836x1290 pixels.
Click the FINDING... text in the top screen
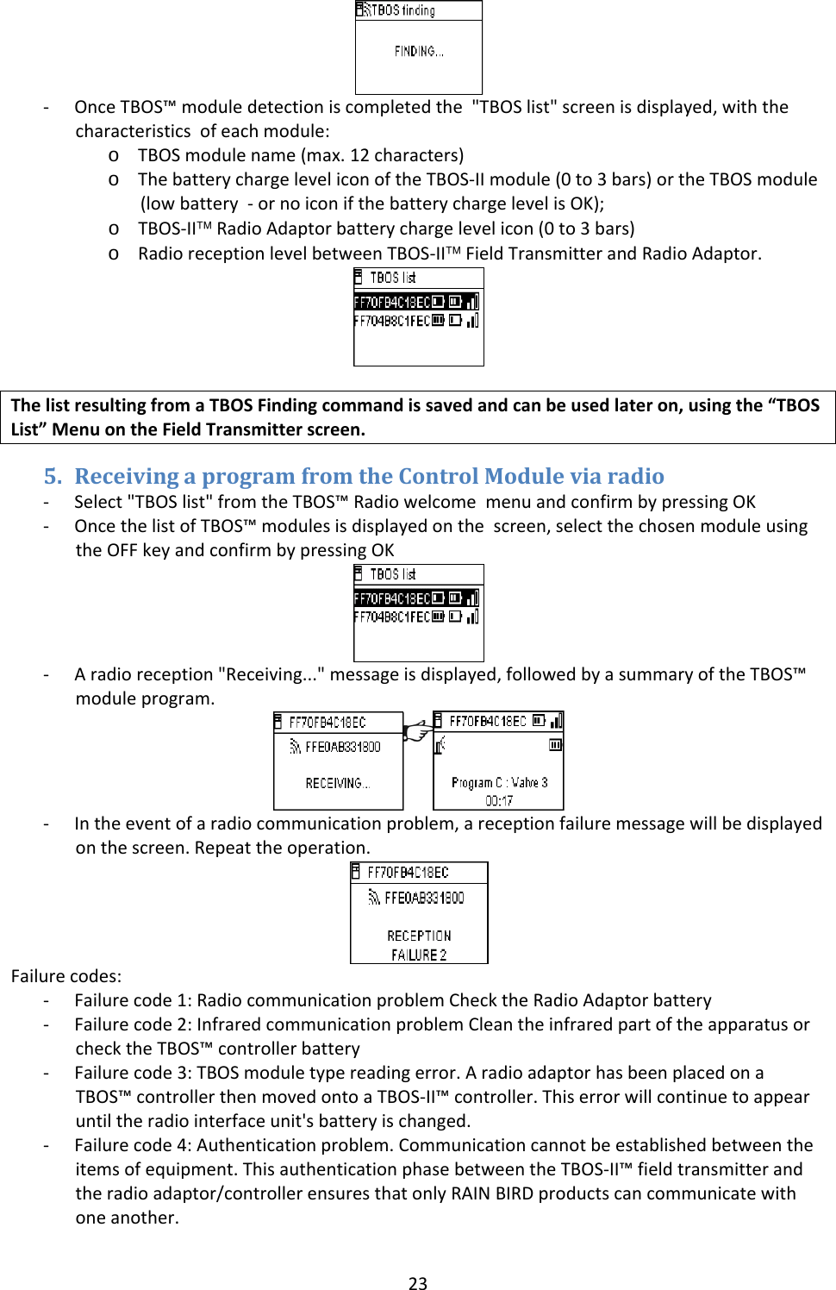[x=419, y=52]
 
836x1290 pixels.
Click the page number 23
[x=418, y=1283]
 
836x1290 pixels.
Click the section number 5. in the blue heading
[x=53, y=476]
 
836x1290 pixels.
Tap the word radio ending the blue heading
[x=635, y=476]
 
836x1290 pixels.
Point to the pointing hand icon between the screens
[x=417, y=731]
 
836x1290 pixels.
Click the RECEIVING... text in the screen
[x=337, y=783]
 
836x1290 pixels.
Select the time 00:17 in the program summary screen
[x=499, y=800]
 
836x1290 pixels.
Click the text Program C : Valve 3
[x=499, y=782]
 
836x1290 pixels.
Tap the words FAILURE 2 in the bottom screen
[x=419, y=955]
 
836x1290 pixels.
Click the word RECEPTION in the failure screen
[x=419, y=936]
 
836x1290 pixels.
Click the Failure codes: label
[x=66, y=976]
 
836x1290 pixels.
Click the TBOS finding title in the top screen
[x=402, y=10]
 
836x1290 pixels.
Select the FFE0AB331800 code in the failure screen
[x=424, y=898]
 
